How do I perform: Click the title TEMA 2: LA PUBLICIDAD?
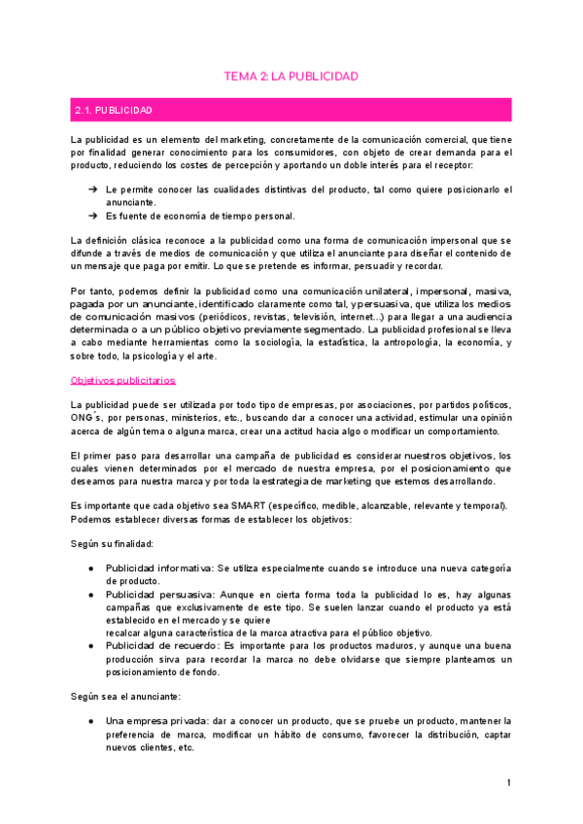[291, 75]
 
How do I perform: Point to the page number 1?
[508, 783]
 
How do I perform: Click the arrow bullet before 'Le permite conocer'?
[92, 190]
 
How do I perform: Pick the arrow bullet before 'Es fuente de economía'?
[92, 216]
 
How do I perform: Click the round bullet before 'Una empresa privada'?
[90, 721]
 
